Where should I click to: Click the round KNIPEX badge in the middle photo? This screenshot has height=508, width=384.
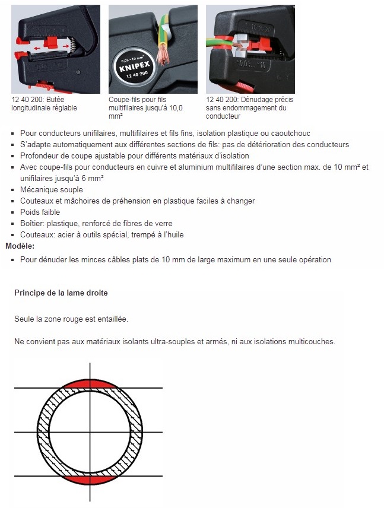[x=132, y=62]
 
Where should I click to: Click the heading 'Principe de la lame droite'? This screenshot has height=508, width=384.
[x=61, y=293]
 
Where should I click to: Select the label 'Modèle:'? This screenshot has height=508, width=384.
[x=20, y=246]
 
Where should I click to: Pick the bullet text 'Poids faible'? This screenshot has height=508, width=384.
[x=40, y=212]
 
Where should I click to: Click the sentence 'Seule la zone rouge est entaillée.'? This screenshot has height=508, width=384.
[x=71, y=319]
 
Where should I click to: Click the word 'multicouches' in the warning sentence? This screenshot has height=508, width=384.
[x=314, y=342]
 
